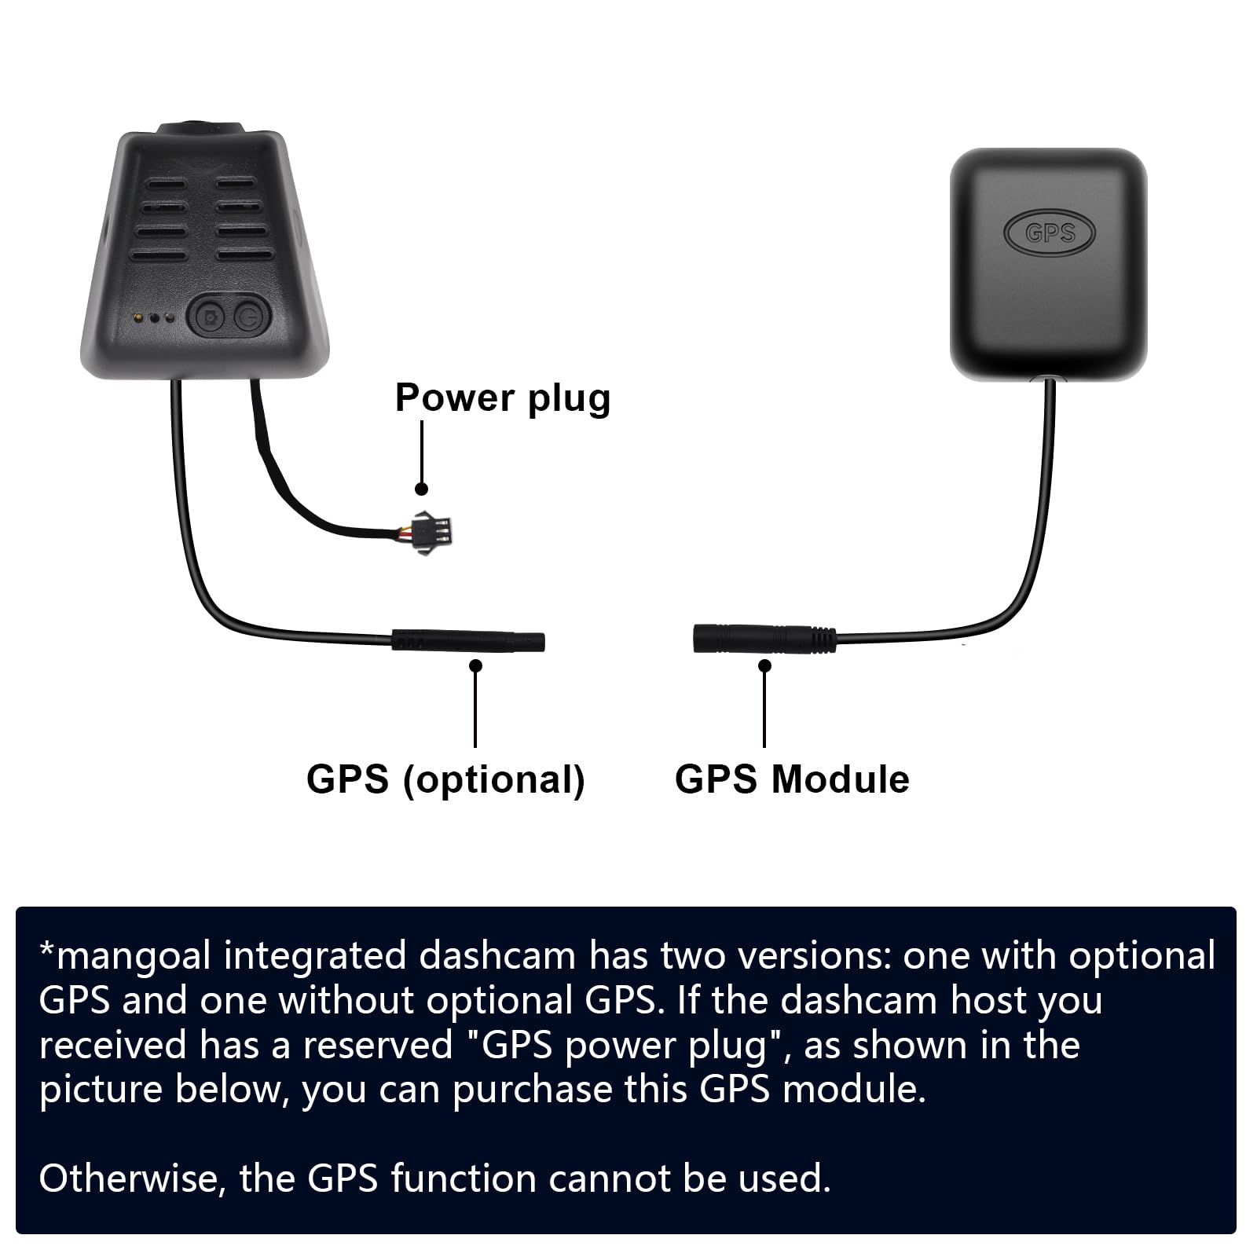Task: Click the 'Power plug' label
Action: coord(502,398)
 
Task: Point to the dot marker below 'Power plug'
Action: coord(421,489)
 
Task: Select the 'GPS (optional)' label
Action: coord(445,779)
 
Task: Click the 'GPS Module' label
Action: coord(792,779)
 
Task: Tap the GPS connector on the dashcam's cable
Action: coord(468,640)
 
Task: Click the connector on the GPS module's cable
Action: coord(762,639)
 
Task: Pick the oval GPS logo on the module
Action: coord(1049,233)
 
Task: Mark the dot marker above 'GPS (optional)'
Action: coord(475,665)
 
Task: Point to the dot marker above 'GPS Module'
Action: coord(764,665)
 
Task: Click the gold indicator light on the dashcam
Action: coord(138,318)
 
